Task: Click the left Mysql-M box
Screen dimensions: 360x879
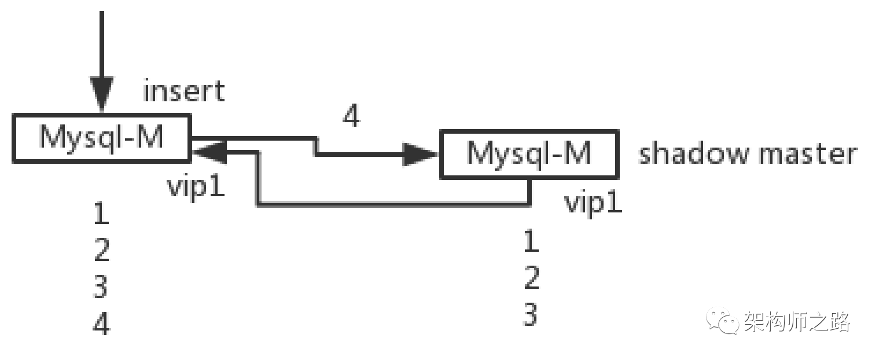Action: [101, 137]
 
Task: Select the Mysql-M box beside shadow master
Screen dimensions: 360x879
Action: [529, 154]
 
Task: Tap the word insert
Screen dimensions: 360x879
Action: [183, 91]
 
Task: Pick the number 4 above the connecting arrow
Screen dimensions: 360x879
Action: [351, 116]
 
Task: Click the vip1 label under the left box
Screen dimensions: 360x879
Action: [196, 186]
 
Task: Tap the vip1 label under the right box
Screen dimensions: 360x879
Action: [593, 203]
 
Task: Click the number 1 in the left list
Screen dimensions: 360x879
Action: [101, 214]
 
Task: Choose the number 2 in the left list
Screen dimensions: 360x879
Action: [101, 250]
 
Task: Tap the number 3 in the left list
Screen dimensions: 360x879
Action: [101, 286]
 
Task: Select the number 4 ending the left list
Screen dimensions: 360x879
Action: [101, 324]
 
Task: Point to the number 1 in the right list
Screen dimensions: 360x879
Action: [531, 241]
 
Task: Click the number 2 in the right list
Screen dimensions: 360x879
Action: [531, 278]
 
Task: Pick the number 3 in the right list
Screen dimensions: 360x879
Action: [531, 314]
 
